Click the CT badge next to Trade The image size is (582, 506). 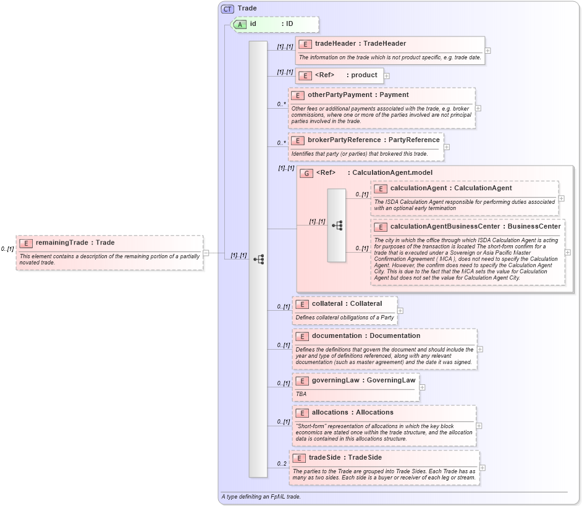[228, 8]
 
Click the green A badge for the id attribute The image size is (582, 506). [240, 24]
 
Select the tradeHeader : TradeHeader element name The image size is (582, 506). [360, 43]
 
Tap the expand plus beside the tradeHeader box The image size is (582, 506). [488, 51]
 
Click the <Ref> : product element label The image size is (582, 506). [346, 75]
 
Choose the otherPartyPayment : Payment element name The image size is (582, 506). [358, 95]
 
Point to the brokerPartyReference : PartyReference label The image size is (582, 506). [374, 140]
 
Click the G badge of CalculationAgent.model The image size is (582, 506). [306, 173]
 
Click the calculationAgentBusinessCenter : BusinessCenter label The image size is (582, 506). [475, 226]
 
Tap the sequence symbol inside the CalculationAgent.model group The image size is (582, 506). [337, 226]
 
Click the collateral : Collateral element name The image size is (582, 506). [347, 303]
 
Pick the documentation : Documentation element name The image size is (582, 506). [366, 335]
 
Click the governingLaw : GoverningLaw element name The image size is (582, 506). [363, 380]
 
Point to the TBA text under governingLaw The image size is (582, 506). [301, 394]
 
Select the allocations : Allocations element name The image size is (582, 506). [352, 412]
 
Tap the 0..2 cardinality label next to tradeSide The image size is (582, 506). [282, 463]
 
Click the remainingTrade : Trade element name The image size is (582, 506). [75, 243]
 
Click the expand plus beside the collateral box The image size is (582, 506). [400, 311]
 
